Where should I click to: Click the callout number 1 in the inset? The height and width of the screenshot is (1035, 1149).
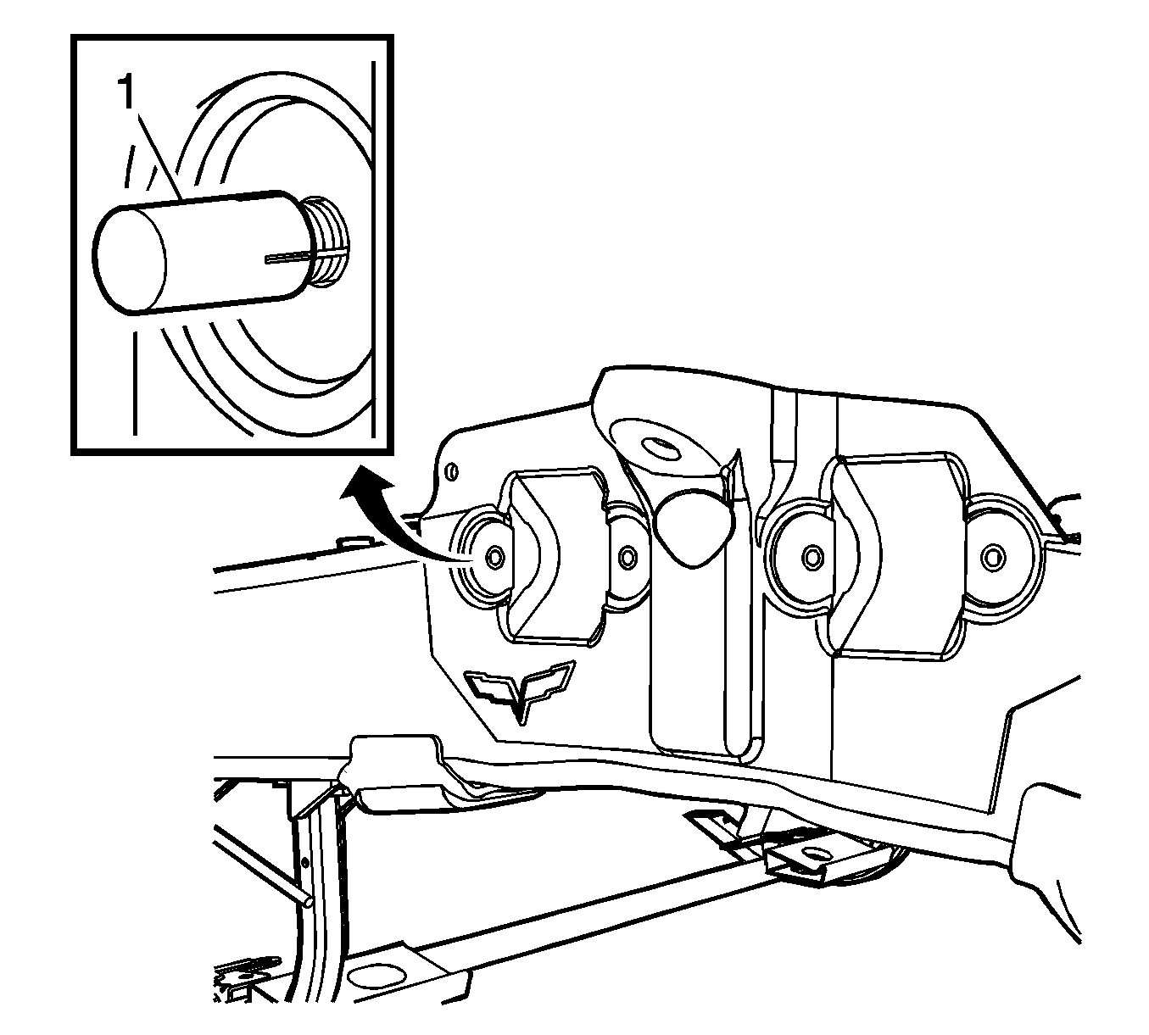(x=127, y=93)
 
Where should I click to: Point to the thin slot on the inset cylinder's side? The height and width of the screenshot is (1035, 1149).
(x=290, y=258)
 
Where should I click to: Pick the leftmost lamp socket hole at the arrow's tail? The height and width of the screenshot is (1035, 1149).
(x=494, y=556)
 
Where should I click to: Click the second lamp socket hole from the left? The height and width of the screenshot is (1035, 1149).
(x=628, y=557)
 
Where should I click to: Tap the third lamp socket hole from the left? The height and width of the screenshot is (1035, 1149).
(x=811, y=557)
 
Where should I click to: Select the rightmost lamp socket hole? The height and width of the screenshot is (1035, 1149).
(x=991, y=557)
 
